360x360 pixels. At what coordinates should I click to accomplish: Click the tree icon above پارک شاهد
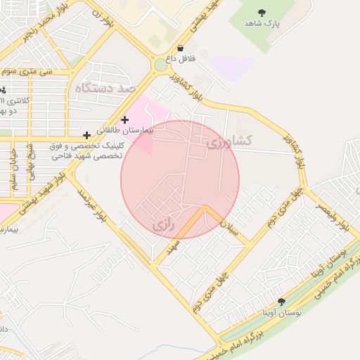[x=262, y=12]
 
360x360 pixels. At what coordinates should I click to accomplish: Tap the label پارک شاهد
[x=262, y=24]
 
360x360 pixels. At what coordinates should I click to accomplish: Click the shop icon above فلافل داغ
[x=182, y=49]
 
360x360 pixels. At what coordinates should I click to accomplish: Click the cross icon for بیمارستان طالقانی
[x=125, y=120]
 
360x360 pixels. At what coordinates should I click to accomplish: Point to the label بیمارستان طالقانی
[x=129, y=131]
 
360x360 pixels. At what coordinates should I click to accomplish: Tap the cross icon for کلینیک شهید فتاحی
[x=86, y=134]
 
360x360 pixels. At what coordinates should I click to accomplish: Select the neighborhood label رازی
[x=162, y=225]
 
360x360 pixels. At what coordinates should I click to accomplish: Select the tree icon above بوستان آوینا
[x=281, y=302]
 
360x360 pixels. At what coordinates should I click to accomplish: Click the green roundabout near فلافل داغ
[x=161, y=68]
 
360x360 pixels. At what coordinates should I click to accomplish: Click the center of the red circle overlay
[x=180, y=180]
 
